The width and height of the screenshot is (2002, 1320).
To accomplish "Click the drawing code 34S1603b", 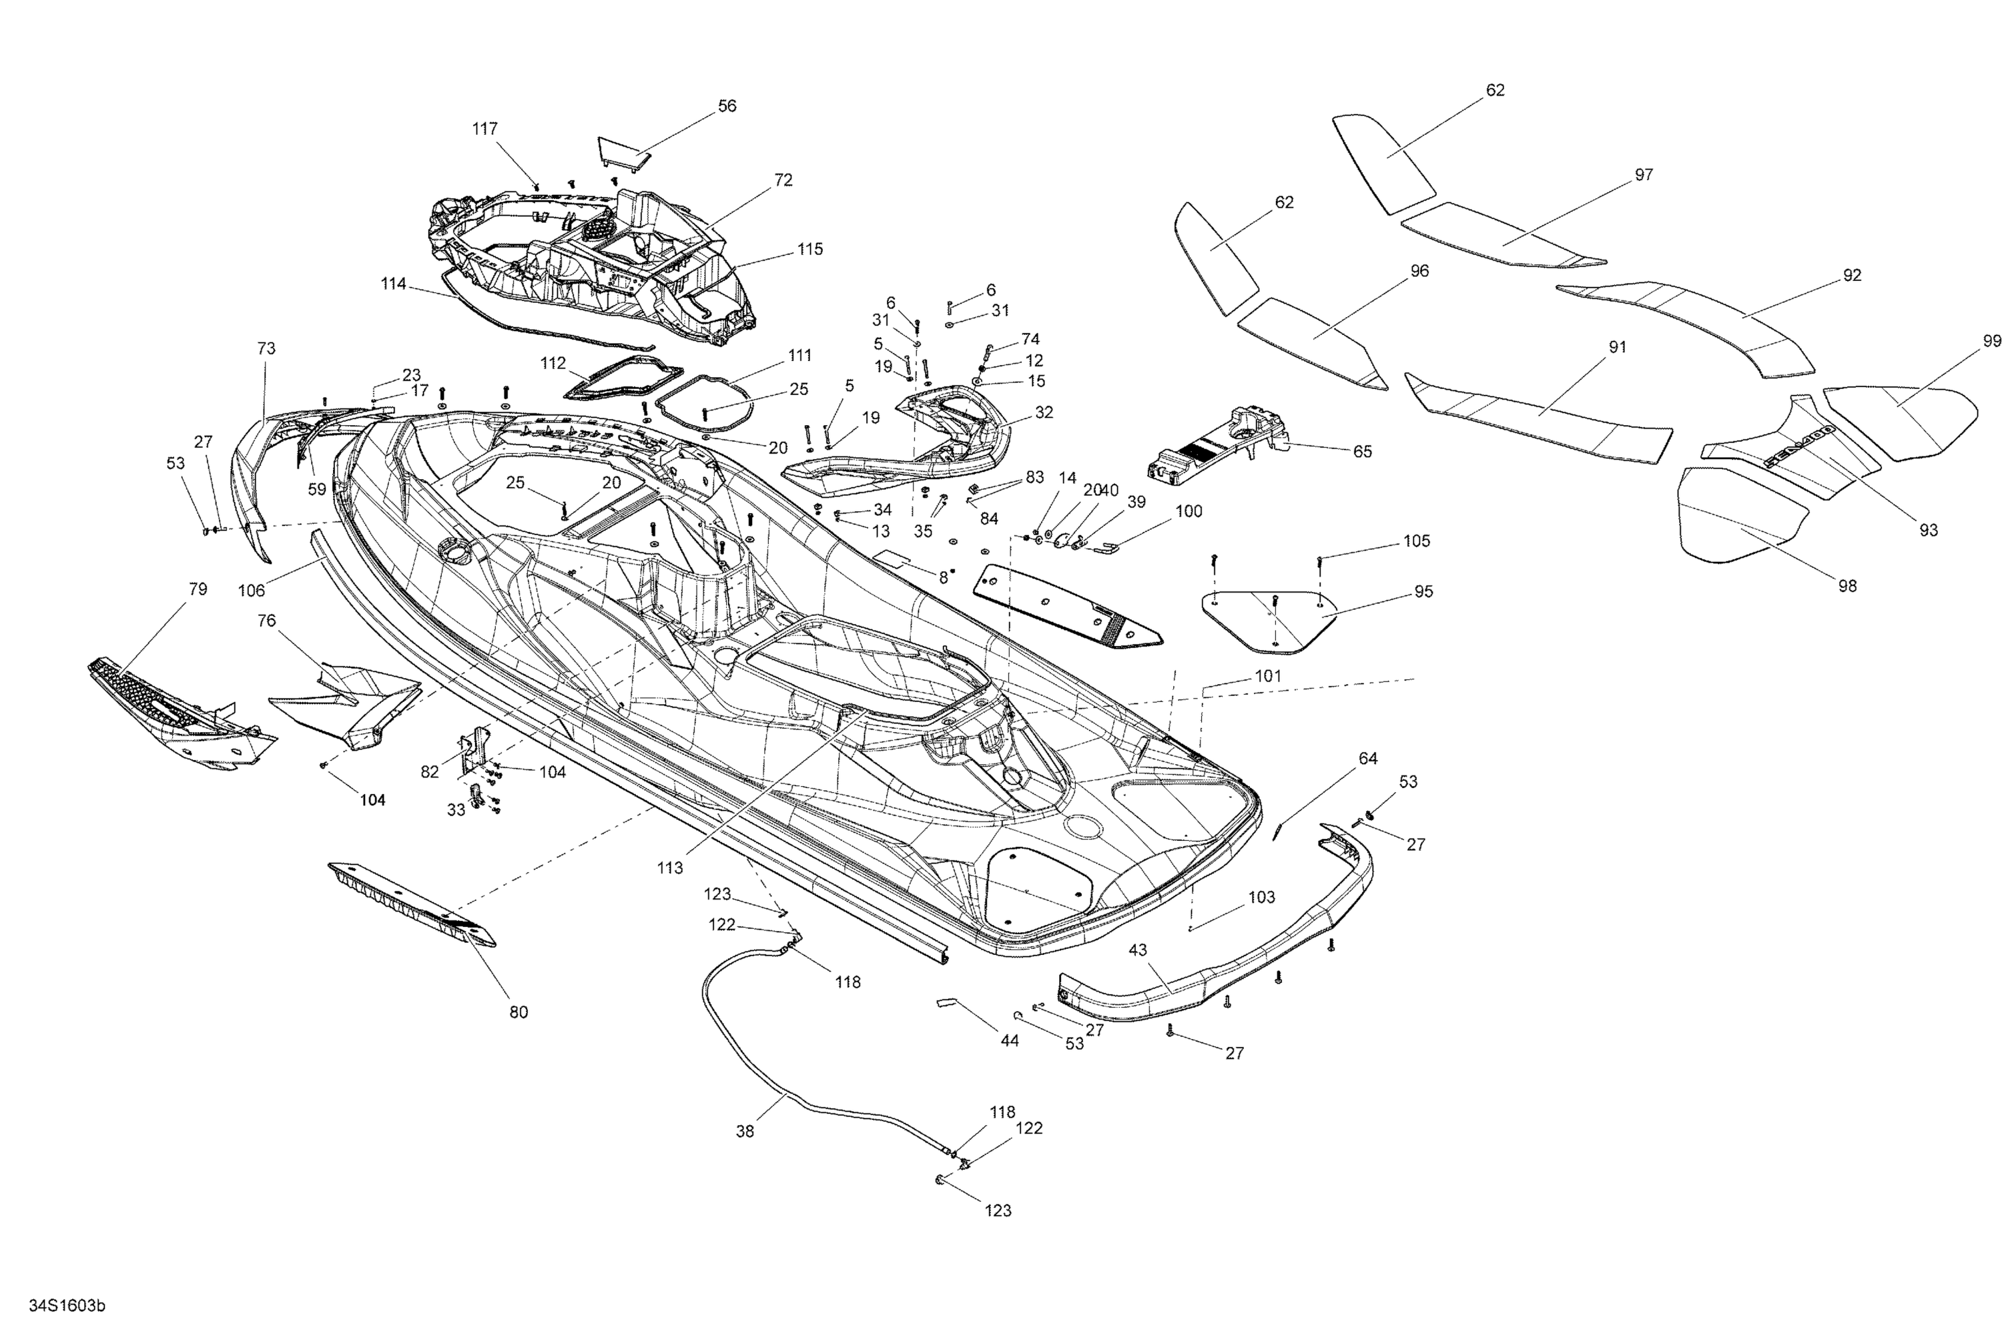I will point(67,1306).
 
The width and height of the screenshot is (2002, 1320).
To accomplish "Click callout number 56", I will point(727,106).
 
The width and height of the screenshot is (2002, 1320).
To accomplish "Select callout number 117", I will point(485,129).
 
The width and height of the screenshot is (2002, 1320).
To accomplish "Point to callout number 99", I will point(1992,341).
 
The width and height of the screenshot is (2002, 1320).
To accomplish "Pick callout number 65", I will point(1362,451).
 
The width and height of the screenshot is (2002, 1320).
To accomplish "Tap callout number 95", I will point(1423,592).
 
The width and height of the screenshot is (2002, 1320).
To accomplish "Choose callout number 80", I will point(519,1012).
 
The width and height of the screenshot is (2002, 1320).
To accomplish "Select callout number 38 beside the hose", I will point(745,1131).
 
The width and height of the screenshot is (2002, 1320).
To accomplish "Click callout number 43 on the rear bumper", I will point(1137,950).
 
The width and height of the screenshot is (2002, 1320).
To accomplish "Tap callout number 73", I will point(266,348).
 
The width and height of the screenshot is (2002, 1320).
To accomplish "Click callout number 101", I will point(1268,676).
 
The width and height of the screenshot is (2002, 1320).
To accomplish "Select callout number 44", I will point(1010,1040).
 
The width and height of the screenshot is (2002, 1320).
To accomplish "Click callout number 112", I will point(553,364).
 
